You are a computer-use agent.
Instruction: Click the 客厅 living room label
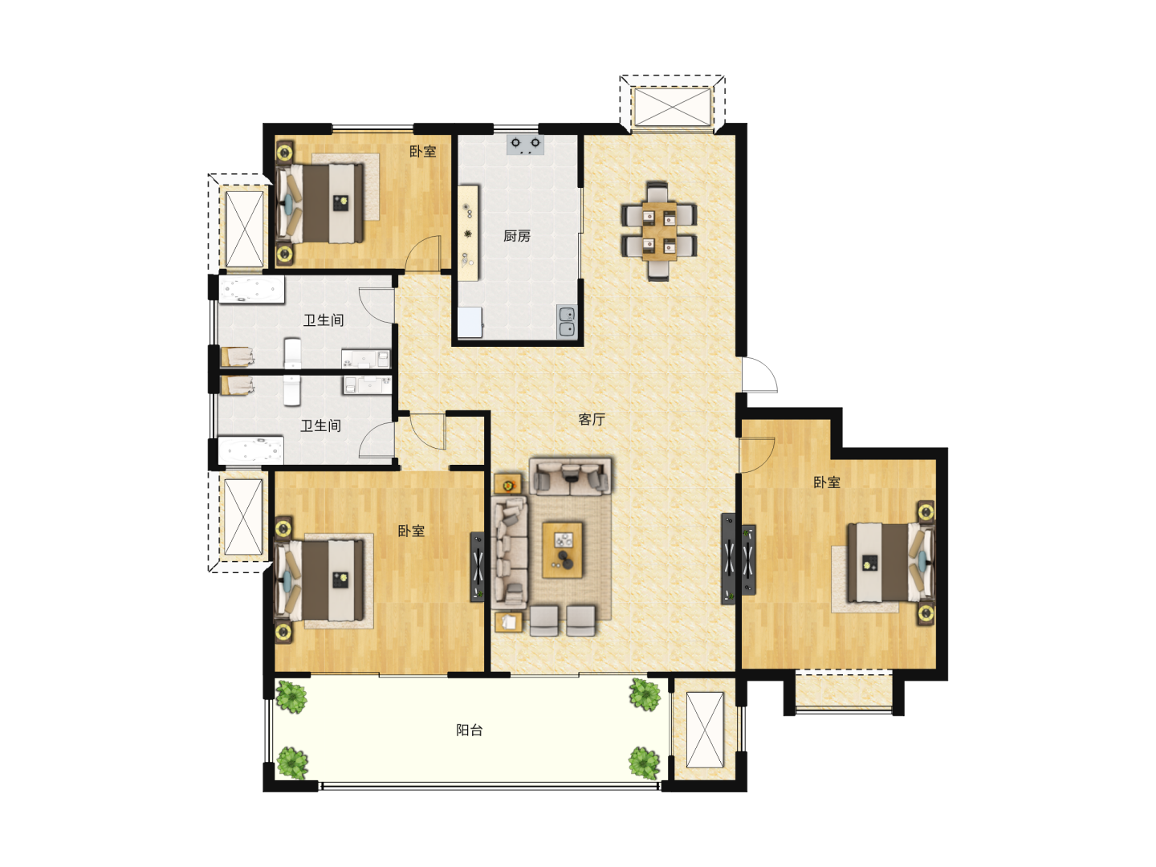click(592, 420)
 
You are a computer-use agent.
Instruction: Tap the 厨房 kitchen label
click(516, 236)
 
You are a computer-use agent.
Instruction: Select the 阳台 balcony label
click(469, 731)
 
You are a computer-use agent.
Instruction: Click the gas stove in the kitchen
click(525, 144)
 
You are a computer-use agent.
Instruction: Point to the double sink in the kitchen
click(567, 321)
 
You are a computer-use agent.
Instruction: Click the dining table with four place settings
click(659, 231)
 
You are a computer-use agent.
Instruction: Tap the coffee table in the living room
click(563, 550)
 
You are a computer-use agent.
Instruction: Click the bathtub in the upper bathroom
click(252, 291)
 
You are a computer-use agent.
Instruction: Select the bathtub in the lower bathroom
click(250, 450)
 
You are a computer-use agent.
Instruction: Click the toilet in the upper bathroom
click(292, 352)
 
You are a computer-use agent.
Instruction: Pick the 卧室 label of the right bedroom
click(826, 482)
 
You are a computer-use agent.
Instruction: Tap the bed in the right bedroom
click(890, 563)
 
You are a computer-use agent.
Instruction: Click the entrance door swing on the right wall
click(759, 375)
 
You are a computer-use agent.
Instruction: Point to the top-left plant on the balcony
click(291, 697)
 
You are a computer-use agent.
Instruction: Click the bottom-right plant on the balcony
click(645, 763)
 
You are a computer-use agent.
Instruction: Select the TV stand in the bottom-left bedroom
click(477, 567)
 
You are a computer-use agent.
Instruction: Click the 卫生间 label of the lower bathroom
click(320, 425)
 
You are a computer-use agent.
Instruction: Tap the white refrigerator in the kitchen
click(470, 322)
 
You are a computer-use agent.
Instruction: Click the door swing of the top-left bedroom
click(422, 254)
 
